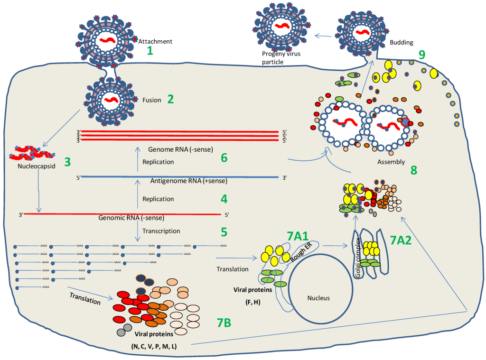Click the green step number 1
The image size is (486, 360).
point(150,50)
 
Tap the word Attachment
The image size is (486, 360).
point(155,41)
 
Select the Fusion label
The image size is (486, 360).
point(152,100)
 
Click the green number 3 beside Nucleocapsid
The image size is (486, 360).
point(67,161)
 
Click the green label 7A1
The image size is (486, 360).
point(298,236)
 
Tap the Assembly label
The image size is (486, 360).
point(391,162)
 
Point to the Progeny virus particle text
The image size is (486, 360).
point(281,58)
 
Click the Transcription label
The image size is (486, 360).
point(161,231)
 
